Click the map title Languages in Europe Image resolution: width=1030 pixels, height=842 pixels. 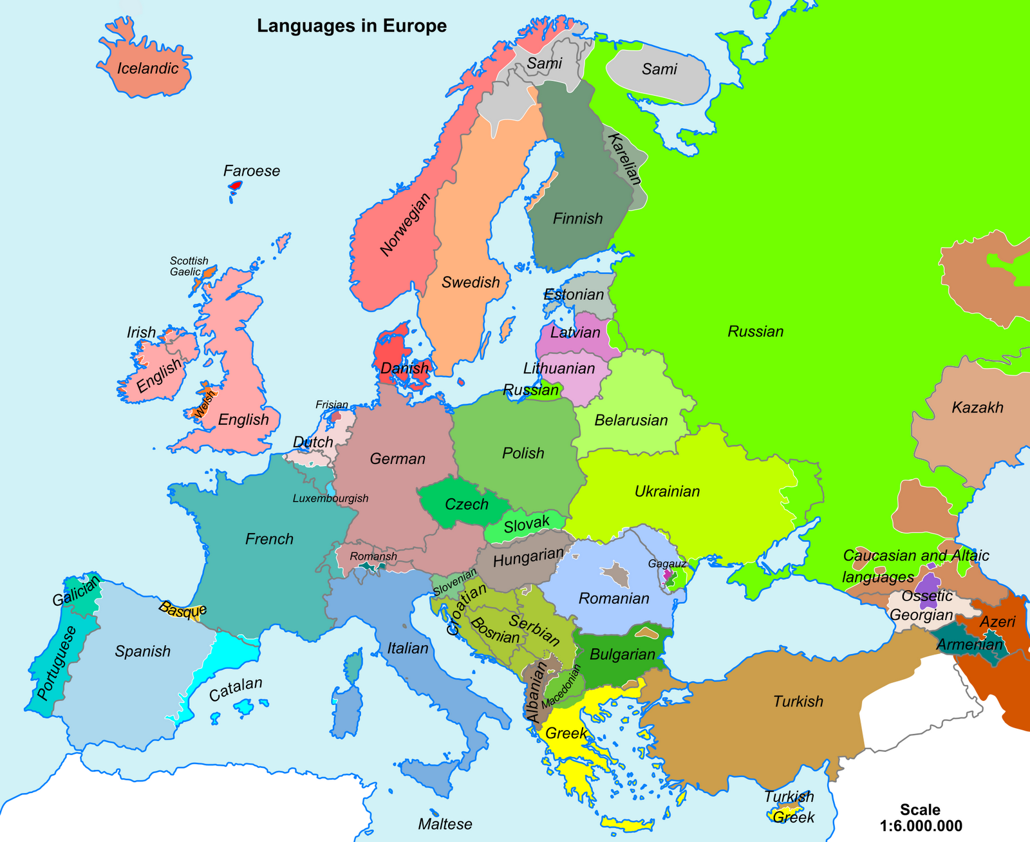pos(351,26)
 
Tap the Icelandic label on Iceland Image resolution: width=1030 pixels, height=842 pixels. pos(147,68)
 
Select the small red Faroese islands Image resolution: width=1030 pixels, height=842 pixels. pos(236,186)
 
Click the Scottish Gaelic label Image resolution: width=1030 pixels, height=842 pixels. pos(189,267)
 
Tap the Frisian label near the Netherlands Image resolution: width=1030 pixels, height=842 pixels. pos(332,405)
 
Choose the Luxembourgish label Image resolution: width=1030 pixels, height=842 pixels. pos(330,498)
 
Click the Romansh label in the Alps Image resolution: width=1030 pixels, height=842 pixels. pos(373,556)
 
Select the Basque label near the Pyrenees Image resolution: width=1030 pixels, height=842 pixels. pos(183,610)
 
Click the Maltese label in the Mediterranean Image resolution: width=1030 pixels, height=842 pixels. pos(445,824)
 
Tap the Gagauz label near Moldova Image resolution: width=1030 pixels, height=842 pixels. pos(668,563)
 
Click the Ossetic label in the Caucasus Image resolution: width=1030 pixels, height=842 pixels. pos(926,596)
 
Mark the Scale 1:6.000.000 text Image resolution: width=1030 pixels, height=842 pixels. pos(920,818)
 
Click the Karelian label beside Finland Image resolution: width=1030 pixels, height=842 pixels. pos(624,158)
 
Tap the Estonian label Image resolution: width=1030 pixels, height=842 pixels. pos(574,295)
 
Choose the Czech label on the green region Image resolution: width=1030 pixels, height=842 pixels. pos(467,505)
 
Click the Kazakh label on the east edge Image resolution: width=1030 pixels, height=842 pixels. pos(977,407)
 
